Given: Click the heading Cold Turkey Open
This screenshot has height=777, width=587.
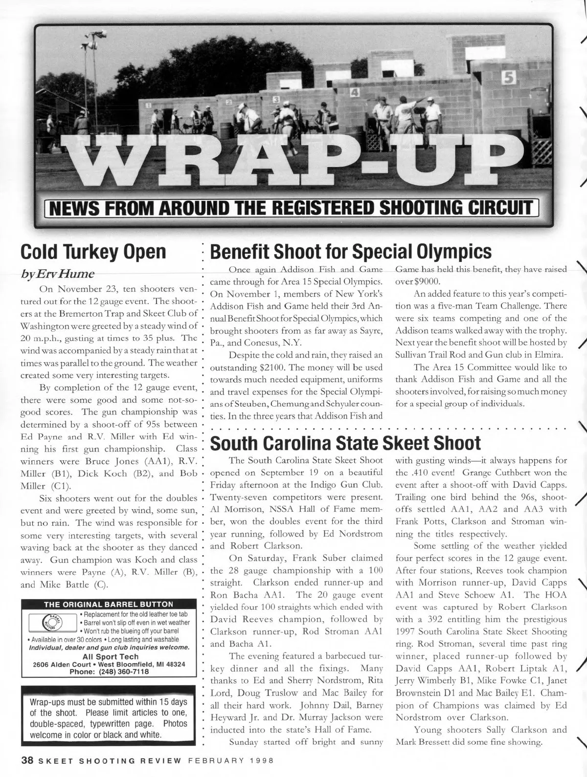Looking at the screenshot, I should tap(93, 252).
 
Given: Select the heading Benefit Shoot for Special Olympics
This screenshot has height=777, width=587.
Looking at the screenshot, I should tap(350, 252).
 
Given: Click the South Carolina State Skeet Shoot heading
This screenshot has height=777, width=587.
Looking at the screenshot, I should tap(345, 443).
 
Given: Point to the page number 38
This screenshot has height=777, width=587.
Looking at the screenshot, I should tap(26, 761).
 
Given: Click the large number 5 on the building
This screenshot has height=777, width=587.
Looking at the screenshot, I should tap(509, 77).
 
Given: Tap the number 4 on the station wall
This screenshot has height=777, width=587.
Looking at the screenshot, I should tap(355, 92).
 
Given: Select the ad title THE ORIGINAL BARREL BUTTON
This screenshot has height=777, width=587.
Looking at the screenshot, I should tap(109, 604).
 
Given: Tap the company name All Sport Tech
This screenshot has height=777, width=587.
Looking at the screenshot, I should tap(111, 656).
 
